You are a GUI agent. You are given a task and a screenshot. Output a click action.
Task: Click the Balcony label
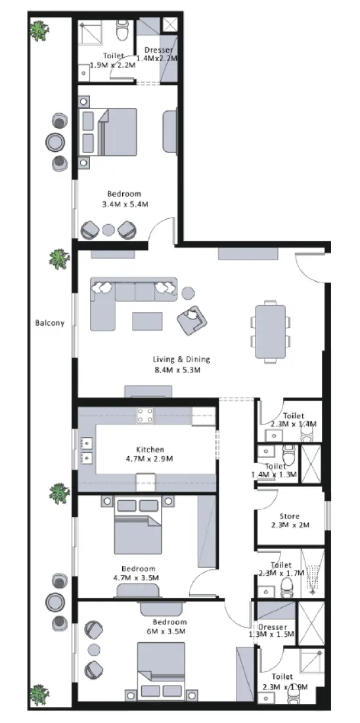point(50,323)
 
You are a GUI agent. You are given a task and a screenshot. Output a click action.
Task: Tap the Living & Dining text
point(181,360)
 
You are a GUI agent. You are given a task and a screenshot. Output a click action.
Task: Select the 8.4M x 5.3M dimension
point(177,370)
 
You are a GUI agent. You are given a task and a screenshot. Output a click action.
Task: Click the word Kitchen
point(150,449)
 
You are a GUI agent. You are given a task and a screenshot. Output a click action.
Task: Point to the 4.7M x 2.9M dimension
point(149,459)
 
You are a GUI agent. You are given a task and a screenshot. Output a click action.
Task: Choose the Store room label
point(290,516)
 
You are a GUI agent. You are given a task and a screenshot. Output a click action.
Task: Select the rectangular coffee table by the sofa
point(147,321)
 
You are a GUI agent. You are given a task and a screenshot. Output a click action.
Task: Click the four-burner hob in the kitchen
point(145,415)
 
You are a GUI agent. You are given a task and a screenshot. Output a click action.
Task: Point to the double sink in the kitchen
point(85,450)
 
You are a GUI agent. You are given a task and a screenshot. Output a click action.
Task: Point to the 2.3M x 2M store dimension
point(290,525)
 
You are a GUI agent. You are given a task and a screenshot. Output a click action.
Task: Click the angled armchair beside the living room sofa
point(191,320)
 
